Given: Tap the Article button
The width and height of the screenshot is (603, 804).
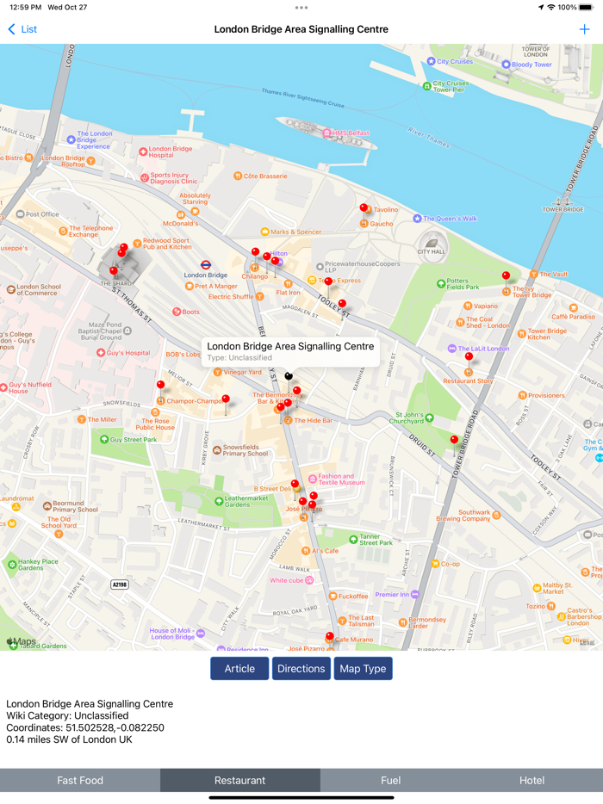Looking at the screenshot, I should point(239,669).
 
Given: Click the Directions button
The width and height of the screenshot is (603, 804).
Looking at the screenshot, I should point(301,669).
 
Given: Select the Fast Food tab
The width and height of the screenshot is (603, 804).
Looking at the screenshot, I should point(80,781).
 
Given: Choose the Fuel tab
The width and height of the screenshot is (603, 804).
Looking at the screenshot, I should point(390,781).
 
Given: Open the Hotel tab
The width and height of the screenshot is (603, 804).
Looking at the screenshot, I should point(532,781).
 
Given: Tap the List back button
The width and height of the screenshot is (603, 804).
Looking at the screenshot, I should point(22,29).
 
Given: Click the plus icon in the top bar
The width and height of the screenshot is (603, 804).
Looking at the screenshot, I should point(586,29).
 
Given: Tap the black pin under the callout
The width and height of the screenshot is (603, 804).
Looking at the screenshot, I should point(289,375).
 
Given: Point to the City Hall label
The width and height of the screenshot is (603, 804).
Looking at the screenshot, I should point(433,251).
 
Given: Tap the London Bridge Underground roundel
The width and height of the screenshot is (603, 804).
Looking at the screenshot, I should point(206,265).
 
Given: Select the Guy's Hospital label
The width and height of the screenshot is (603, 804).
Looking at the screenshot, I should point(127,353).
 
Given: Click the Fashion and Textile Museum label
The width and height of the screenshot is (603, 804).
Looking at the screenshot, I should point(336,479).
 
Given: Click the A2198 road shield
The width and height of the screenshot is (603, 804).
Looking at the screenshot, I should point(120,584).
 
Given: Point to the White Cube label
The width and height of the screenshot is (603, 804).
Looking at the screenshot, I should point(287,580).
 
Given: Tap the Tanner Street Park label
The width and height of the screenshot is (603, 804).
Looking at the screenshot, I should point(376,540).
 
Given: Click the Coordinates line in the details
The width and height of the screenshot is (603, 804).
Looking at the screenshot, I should point(85,727).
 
